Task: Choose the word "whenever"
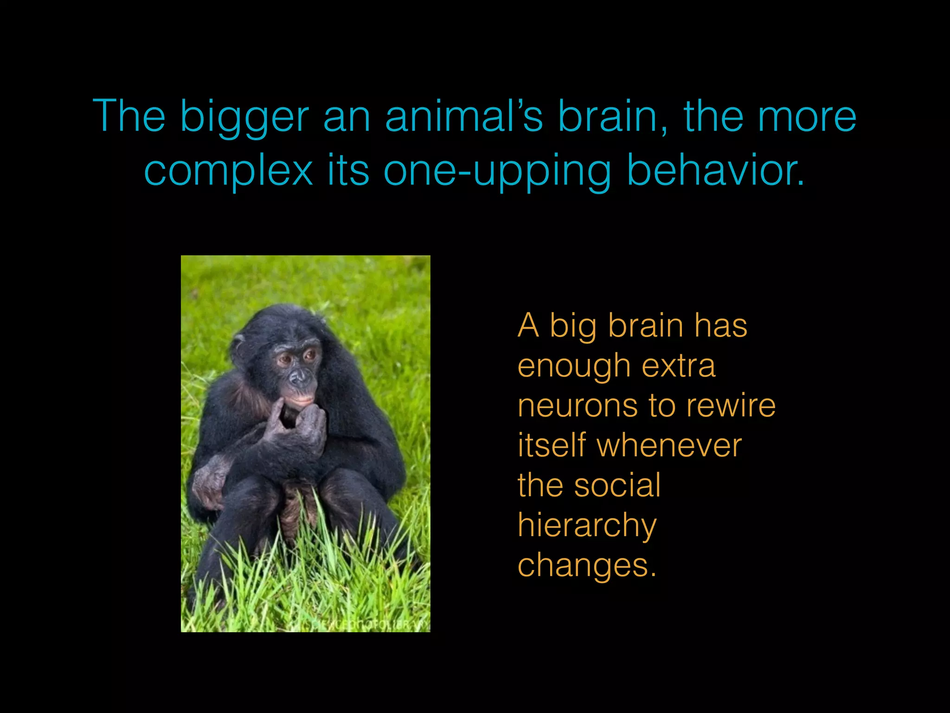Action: click(x=669, y=446)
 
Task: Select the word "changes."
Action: click(x=587, y=565)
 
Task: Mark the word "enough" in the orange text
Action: click(x=573, y=367)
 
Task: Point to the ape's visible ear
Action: click(x=238, y=344)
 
